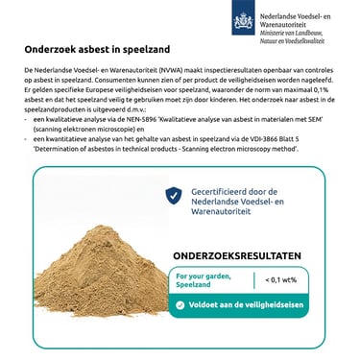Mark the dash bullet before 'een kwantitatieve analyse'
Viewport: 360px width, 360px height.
pos(25,139)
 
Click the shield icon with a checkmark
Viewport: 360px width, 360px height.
pos(173,196)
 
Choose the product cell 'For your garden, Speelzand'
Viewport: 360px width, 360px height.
pos(203,279)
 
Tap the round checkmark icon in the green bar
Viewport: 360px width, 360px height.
pos(178,305)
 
